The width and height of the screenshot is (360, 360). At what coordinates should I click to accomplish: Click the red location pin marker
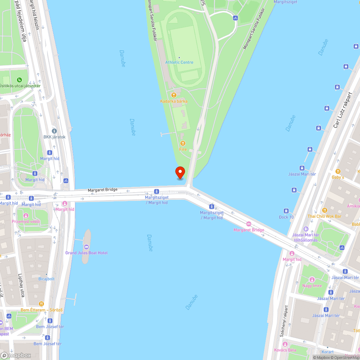pyautogui.click(x=180, y=172)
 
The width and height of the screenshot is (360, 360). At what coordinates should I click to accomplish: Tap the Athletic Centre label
pyautogui.click(x=179, y=62)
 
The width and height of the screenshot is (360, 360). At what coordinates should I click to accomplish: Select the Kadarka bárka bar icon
pyautogui.click(x=174, y=95)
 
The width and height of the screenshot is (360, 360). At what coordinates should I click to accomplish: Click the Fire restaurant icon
pyautogui.click(x=183, y=143)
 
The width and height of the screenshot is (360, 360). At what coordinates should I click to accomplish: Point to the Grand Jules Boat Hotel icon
pyautogui.click(x=86, y=247)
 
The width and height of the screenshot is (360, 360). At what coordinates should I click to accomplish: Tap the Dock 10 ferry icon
pyautogui.click(x=286, y=211)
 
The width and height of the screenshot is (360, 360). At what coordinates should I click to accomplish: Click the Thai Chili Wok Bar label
pyautogui.click(x=324, y=216)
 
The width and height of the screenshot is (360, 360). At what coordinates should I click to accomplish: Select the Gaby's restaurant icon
pyautogui.click(x=338, y=171)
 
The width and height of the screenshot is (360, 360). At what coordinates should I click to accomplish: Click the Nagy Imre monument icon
pyautogui.click(x=312, y=279)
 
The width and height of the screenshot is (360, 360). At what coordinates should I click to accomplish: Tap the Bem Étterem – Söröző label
pyautogui.click(x=41, y=310)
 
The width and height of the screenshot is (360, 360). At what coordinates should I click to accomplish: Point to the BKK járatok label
pyautogui.click(x=54, y=137)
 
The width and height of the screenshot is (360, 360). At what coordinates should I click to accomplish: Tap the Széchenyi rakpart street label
pyautogui.click(x=284, y=321)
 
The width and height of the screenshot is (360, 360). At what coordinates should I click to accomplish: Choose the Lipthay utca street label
pyautogui.click(x=21, y=285)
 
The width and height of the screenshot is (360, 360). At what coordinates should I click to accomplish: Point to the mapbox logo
pyautogui.click(x=16, y=355)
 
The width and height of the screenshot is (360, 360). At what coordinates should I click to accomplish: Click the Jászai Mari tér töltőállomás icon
pyautogui.click(x=306, y=229)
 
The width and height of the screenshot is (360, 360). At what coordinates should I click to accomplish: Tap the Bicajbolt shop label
pyautogui.click(x=46, y=279)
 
